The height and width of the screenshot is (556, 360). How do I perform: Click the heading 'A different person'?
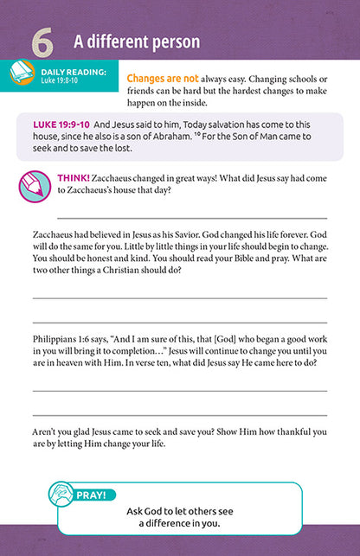pyautogui.click(x=137, y=42)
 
